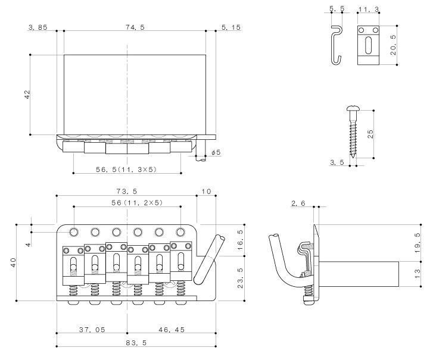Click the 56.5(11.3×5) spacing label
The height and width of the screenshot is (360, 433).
coord(127,169)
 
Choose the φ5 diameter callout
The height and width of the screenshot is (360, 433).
coord(216,153)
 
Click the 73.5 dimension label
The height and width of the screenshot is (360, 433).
coord(127,192)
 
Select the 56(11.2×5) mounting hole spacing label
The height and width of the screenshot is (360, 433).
coord(126,203)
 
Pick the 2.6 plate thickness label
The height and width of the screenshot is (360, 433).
coord(298,204)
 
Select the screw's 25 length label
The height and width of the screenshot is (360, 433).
coord(370,134)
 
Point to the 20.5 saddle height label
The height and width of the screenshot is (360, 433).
coord(392,45)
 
